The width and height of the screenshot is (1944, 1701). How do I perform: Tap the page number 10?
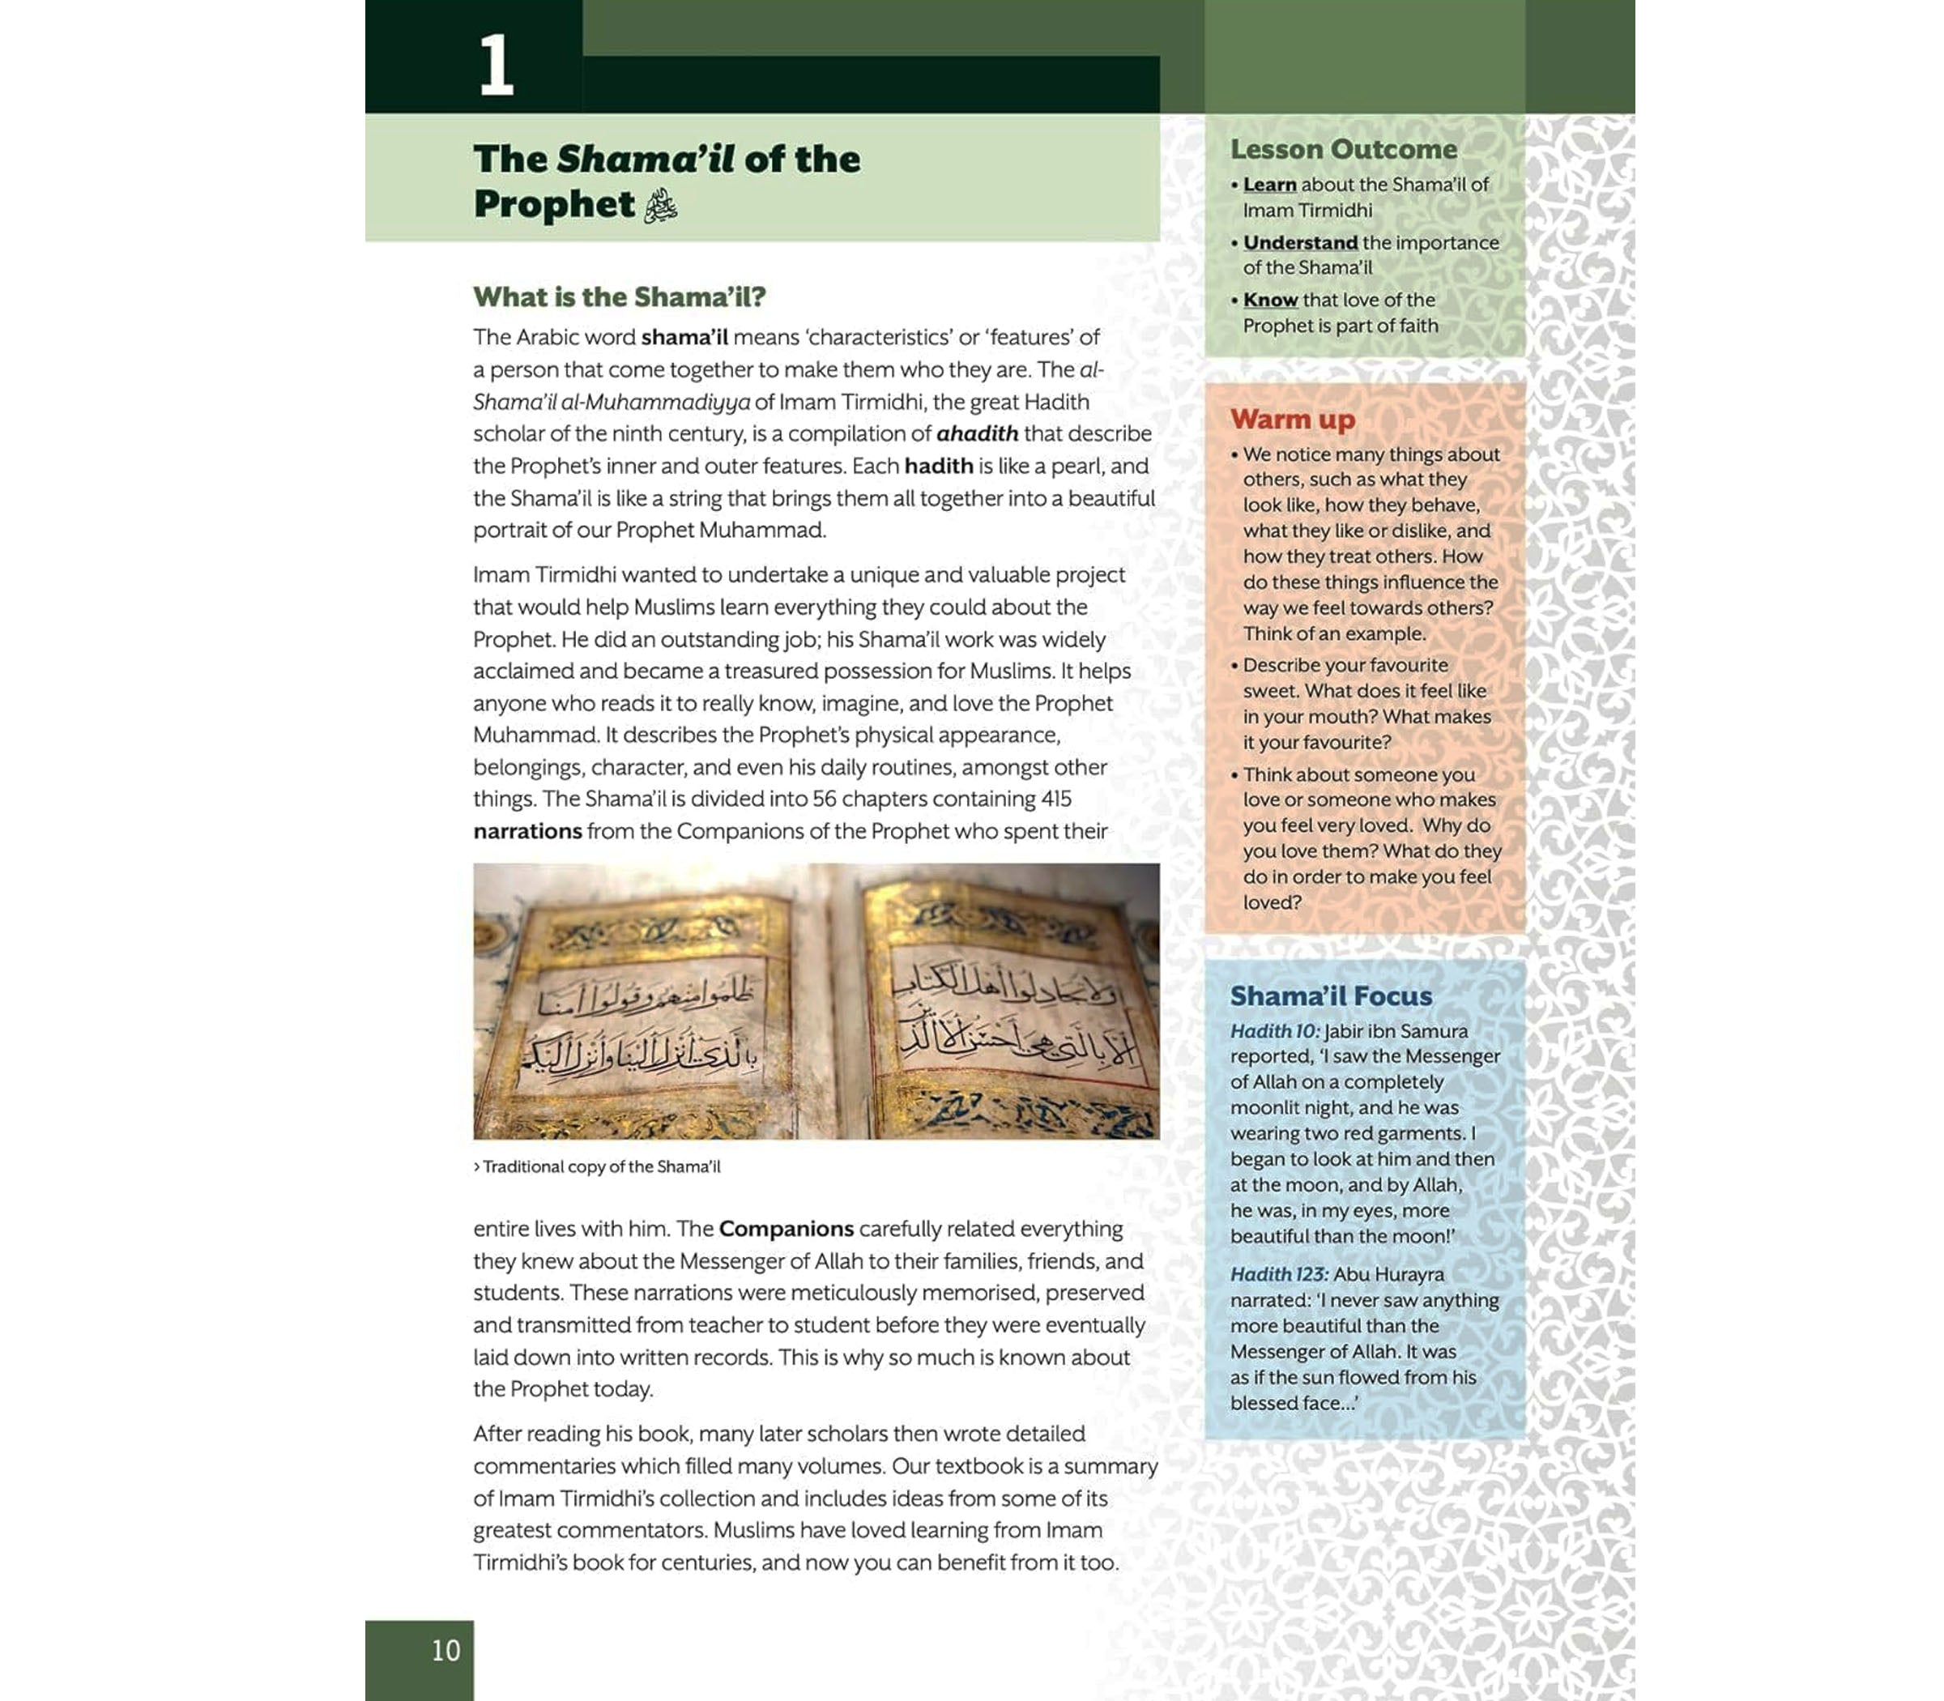[x=446, y=1650]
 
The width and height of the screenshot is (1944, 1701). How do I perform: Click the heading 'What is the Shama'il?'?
[x=619, y=297]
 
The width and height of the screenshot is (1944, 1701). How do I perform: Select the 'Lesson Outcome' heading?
[x=1343, y=149]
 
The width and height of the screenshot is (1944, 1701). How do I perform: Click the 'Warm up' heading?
[x=1292, y=419]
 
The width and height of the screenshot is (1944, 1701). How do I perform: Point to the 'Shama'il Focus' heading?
[x=1331, y=995]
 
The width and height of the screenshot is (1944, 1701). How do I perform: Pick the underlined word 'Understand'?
[x=1299, y=242]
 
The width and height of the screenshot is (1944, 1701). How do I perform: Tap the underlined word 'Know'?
[x=1270, y=300]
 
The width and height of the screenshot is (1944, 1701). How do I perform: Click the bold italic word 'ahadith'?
[x=977, y=434]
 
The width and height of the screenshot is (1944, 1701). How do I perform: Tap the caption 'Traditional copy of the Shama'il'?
[x=601, y=1166]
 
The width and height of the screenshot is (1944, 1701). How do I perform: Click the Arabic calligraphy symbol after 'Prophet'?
[x=661, y=205]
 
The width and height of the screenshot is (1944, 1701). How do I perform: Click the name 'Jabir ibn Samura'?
[x=1396, y=1031]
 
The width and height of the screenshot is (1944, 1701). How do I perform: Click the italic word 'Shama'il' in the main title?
[x=646, y=159]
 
